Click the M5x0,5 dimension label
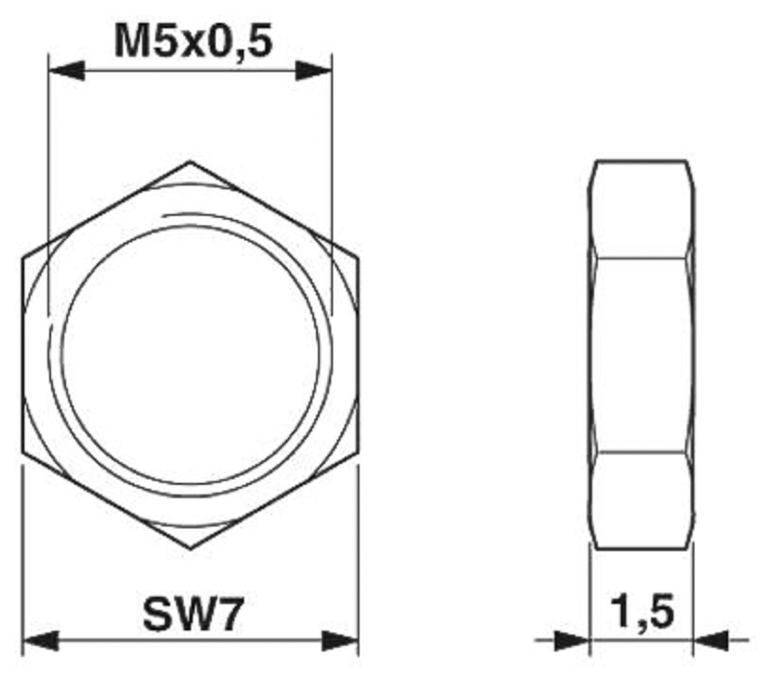click(193, 41)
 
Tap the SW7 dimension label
click(193, 615)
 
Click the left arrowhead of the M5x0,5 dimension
click(67, 71)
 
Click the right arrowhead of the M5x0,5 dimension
click(313, 71)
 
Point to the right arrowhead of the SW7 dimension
click(340, 641)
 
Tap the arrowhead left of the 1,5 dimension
click(571, 641)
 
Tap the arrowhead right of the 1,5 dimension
click(711, 641)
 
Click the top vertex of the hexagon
click(190, 162)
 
